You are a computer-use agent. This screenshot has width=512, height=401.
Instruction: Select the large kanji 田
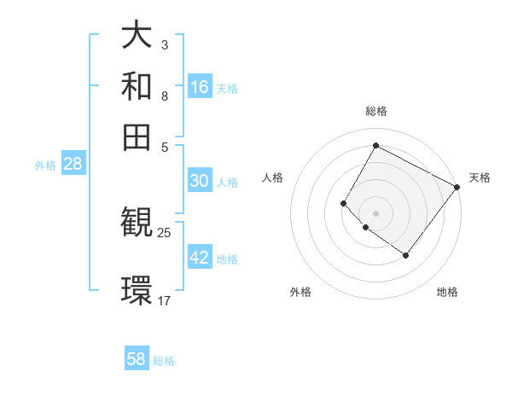[x=137, y=137]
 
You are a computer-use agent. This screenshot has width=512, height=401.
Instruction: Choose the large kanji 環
[x=137, y=290]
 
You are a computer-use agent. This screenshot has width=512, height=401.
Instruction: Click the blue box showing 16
[x=200, y=87]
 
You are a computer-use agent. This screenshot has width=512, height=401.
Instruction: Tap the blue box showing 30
[x=200, y=181]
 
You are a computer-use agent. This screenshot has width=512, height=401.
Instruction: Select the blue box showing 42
[x=200, y=258]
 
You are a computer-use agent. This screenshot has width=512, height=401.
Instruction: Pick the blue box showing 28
[x=73, y=165]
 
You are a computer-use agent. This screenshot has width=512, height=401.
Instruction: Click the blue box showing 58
[x=137, y=359]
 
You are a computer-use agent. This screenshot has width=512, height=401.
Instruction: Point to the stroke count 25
[x=165, y=232]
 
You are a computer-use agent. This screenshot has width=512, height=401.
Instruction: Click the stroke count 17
[x=165, y=300]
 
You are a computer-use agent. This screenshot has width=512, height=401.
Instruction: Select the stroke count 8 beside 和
[x=165, y=96]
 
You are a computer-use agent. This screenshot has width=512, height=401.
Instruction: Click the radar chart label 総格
[x=375, y=111]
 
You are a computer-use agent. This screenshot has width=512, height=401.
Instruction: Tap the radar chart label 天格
[x=480, y=177]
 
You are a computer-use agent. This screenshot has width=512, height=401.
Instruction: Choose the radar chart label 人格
[x=273, y=177]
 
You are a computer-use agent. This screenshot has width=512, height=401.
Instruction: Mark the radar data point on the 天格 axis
[x=457, y=187]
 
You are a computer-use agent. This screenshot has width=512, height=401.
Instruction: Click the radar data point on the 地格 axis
[x=405, y=255]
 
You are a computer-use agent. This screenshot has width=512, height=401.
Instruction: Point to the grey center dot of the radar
[x=375, y=212]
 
